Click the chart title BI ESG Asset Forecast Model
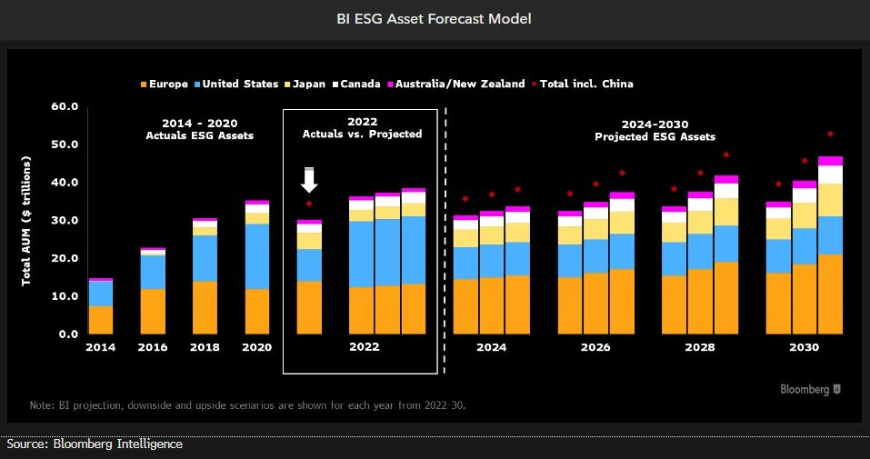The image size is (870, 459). [x=435, y=18]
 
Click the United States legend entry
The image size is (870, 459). [x=239, y=84]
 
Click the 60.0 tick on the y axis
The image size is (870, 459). [x=65, y=107]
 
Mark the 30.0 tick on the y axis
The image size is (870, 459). [x=65, y=221]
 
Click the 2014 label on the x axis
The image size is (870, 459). [x=101, y=347]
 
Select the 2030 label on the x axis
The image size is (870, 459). [x=804, y=347]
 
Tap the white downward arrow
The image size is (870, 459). [x=309, y=180]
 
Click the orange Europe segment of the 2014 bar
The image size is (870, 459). [x=101, y=319]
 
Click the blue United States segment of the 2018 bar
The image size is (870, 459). [x=205, y=258]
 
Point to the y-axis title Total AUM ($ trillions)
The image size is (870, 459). [x=27, y=220]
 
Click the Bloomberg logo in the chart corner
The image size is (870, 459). [x=810, y=389]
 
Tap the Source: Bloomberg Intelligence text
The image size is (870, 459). [x=95, y=444]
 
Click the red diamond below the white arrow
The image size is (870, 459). [x=309, y=204]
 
